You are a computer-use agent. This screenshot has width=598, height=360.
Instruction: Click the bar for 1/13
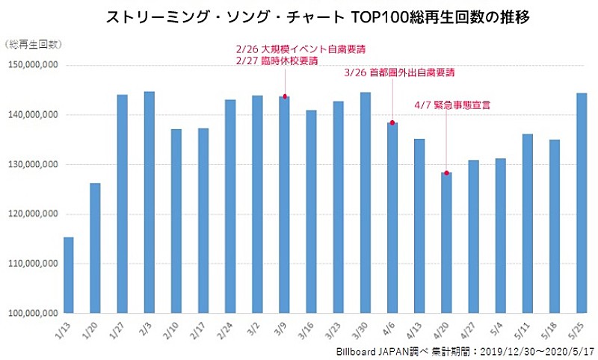tap(69, 275)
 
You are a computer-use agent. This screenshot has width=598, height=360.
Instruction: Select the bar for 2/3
tap(149, 202)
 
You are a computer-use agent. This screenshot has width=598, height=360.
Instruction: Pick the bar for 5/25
tap(581, 202)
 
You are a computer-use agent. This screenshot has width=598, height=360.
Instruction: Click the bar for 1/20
tap(96, 248)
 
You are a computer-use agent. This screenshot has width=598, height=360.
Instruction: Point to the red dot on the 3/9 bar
tap(285, 96)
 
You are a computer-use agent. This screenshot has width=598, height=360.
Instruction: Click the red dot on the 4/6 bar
tap(392, 122)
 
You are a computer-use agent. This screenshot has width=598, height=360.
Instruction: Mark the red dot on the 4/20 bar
tap(446, 173)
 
